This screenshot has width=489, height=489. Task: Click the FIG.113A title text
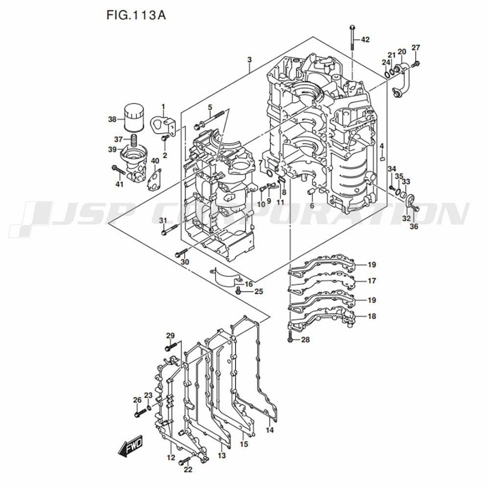point(136,15)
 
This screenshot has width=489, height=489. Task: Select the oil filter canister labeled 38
point(133,117)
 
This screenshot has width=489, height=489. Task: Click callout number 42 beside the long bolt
point(365,40)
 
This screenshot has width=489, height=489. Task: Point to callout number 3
point(249,60)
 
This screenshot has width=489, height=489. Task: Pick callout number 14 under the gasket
point(270,430)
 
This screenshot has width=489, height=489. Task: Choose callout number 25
point(259,291)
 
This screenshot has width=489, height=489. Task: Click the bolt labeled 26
point(137,414)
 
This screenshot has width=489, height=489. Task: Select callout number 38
point(112,119)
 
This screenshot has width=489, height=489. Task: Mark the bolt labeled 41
point(118,170)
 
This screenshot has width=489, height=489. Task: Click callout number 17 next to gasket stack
point(372,281)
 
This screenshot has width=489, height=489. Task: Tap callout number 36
point(414,226)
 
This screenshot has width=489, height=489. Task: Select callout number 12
point(171,458)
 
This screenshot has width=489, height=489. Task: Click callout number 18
point(372,316)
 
